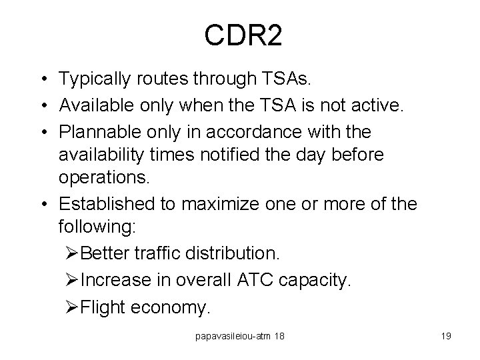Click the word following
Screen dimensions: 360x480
97,227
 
